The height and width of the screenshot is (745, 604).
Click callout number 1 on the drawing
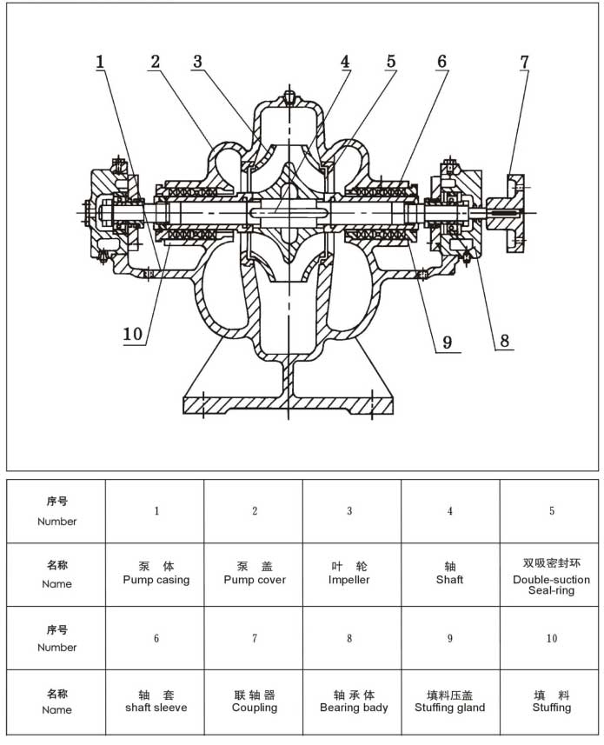[x=101, y=62]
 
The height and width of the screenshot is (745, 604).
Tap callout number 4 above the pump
[x=345, y=62]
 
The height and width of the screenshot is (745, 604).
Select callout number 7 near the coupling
[x=524, y=62]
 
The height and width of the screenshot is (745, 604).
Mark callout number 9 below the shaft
[x=447, y=342]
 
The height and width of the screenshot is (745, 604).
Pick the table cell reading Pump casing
[x=156, y=574]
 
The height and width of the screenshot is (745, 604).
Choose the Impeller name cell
[x=349, y=574]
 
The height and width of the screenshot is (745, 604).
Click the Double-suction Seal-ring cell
[x=551, y=575]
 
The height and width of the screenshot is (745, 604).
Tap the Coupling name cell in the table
[x=255, y=702]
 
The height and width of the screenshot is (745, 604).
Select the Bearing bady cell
[x=354, y=702]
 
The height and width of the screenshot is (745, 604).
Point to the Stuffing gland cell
[x=450, y=702]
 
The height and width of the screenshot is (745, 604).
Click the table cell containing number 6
[x=156, y=639]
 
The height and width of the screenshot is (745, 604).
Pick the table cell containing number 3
[x=349, y=511]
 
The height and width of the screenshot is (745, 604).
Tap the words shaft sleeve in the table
[x=156, y=708]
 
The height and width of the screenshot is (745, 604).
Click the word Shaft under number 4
[x=450, y=580]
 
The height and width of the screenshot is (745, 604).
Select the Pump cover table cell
[x=255, y=574]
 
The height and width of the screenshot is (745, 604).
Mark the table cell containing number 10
[x=551, y=639]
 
